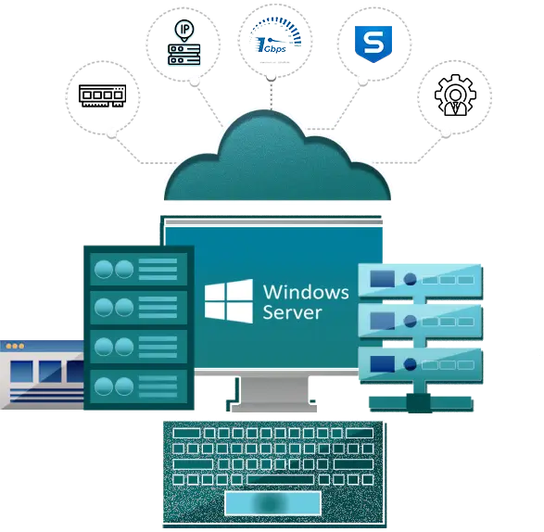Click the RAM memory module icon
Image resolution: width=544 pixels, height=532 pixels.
(x=102, y=95)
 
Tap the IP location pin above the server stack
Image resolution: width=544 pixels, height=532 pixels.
(x=184, y=31)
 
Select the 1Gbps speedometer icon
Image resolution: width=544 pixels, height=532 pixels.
(x=275, y=36)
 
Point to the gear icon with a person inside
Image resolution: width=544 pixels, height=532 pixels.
(x=455, y=95)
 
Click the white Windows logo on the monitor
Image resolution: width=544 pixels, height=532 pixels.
(x=229, y=301)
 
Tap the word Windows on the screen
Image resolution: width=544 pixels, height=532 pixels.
(x=306, y=292)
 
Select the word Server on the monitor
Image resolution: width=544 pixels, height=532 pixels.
(x=292, y=311)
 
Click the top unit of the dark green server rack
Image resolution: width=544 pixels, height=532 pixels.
(x=138, y=269)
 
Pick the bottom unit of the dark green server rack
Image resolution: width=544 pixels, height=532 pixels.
(x=138, y=386)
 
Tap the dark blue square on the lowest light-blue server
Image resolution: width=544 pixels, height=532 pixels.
(x=383, y=363)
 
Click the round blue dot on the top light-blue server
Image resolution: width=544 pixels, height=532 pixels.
(x=410, y=279)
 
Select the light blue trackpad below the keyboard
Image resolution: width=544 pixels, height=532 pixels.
(x=272, y=503)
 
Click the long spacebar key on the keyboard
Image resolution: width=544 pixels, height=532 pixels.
(x=280, y=479)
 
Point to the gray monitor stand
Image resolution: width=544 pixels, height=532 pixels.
(x=273, y=393)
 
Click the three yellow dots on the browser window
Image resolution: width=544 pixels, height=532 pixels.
(x=15, y=346)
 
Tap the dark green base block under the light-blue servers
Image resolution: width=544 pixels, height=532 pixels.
(x=419, y=403)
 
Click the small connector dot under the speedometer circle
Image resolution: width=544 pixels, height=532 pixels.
(x=272, y=78)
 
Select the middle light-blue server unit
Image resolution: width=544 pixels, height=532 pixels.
(x=420, y=321)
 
